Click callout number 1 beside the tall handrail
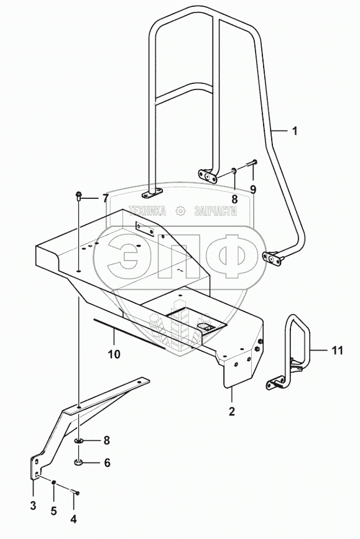(x=294, y=131)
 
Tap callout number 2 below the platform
(x=232, y=411)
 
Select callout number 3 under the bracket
(x=33, y=505)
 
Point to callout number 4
(x=73, y=518)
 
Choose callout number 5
(x=53, y=511)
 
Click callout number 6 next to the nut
(x=108, y=463)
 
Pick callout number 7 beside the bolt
(x=105, y=198)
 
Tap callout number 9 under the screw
(x=253, y=189)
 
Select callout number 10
(x=114, y=354)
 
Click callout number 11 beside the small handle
(x=338, y=350)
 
